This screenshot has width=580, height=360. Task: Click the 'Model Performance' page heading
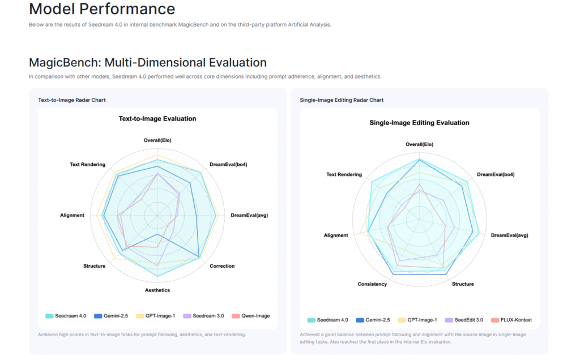(102, 9)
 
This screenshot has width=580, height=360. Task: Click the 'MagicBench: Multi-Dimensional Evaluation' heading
(148, 62)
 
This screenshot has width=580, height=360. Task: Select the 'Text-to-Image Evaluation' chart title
(157, 119)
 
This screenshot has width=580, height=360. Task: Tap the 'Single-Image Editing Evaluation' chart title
(419, 123)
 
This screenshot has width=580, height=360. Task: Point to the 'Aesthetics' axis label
(157, 290)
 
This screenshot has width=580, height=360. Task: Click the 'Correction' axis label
(222, 266)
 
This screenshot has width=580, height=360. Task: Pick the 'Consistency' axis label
(372, 284)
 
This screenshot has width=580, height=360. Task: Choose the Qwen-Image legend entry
(251, 316)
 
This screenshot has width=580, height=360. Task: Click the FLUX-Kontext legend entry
(511, 320)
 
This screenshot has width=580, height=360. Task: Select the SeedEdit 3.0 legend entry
(464, 320)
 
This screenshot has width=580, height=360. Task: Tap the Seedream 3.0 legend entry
(203, 316)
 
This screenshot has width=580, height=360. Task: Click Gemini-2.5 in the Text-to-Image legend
(111, 316)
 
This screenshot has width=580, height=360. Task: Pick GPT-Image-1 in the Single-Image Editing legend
(417, 320)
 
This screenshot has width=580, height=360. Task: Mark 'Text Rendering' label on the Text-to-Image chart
(87, 165)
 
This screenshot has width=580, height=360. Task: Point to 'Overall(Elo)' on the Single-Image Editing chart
(419, 144)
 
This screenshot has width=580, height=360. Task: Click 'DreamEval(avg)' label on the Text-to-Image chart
(249, 215)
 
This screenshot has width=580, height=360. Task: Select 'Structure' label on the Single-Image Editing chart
(463, 284)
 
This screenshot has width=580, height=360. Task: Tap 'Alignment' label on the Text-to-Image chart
(72, 215)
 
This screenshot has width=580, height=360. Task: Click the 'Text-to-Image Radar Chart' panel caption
(72, 100)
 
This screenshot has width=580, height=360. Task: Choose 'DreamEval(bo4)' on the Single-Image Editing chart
(496, 174)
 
